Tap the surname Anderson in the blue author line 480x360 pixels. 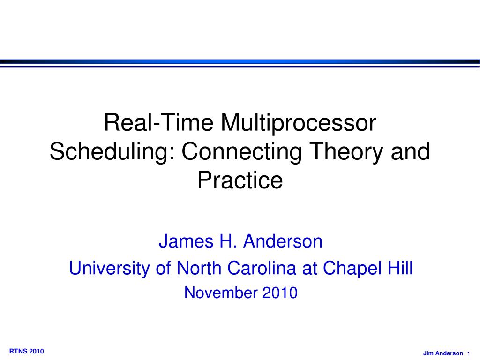coord(283,241)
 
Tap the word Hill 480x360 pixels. coord(400,268)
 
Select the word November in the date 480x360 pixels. coord(221,292)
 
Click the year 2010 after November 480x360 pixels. coord(280,292)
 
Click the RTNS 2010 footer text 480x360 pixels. coord(27,351)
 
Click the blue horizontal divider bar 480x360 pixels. coord(240,62)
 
